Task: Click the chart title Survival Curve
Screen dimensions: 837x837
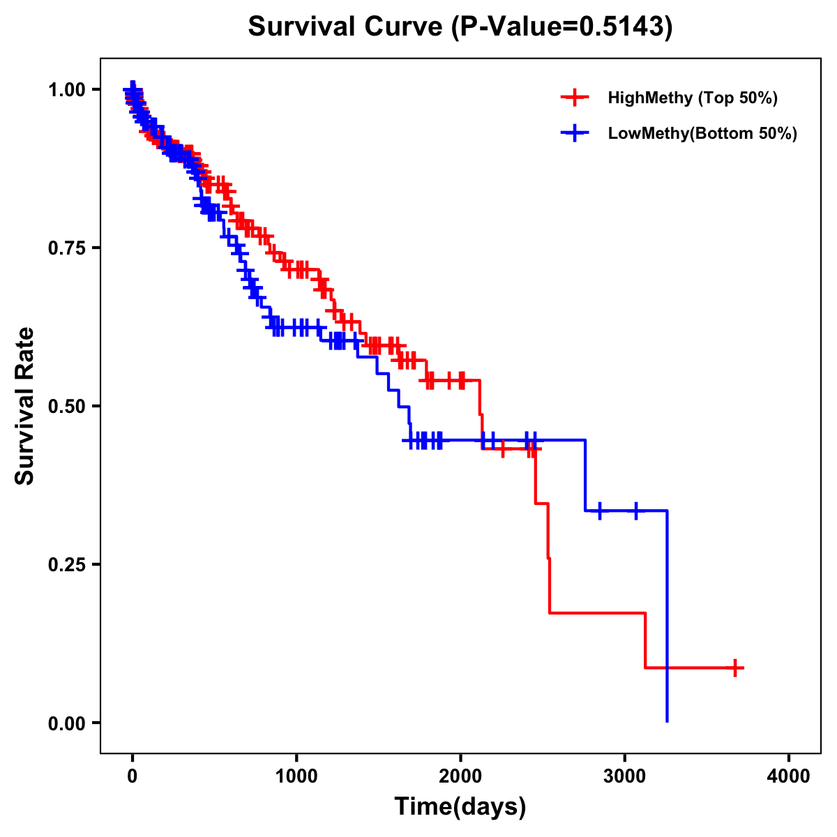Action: tap(345, 27)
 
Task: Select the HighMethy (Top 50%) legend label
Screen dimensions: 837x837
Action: tap(692, 98)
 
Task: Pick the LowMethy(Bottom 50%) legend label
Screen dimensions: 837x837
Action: tap(702, 133)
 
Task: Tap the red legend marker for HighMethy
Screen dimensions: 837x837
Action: tap(575, 98)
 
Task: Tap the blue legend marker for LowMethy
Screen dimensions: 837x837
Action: tap(575, 133)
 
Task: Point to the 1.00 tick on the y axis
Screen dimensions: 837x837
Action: tap(66, 90)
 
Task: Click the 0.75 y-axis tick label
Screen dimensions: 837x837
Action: tap(66, 248)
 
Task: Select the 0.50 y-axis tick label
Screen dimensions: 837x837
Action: tap(66, 407)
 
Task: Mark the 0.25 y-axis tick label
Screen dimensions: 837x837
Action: tap(66, 565)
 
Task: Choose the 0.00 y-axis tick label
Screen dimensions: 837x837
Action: tap(66, 723)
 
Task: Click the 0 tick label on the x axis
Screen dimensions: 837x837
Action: tap(133, 776)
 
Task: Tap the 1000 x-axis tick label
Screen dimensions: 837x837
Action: tap(296, 776)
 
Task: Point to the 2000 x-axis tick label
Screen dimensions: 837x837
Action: tap(460, 776)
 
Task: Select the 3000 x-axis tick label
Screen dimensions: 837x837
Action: tap(625, 776)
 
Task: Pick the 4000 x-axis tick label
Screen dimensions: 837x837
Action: tap(789, 776)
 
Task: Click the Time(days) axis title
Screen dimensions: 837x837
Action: tap(460, 807)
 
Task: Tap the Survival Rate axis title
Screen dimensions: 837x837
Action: tap(26, 406)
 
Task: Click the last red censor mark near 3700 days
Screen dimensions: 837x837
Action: tap(734, 668)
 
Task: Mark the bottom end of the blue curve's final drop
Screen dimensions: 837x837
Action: tap(668, 721)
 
